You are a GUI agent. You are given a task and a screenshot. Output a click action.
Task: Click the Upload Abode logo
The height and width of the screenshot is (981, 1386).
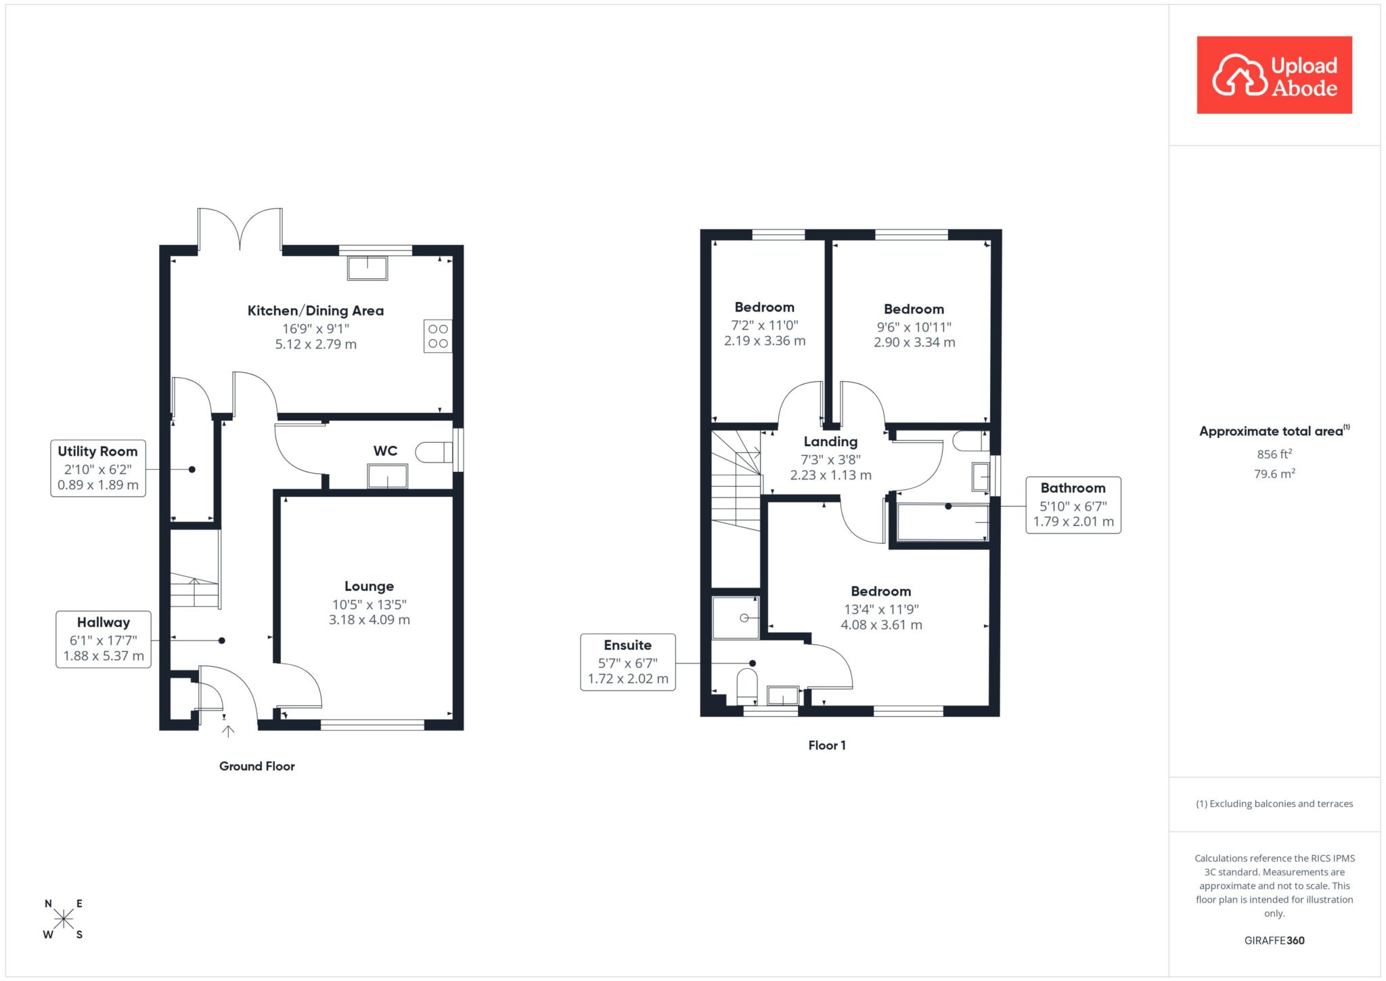coord(1274,75)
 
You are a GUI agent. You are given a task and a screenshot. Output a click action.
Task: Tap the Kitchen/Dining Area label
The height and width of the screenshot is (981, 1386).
coord(315,311)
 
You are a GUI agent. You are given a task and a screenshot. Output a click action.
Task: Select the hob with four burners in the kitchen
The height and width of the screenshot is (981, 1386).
coord(438,336)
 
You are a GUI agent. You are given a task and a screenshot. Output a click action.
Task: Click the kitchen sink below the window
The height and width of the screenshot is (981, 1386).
coord(367,268)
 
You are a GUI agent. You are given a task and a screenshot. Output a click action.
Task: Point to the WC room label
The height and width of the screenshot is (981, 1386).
coord(385,451)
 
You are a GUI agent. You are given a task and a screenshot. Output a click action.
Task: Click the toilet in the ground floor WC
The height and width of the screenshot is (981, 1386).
coord(434,452)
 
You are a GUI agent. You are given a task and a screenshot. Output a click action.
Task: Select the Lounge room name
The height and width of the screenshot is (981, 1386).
coord(369,586)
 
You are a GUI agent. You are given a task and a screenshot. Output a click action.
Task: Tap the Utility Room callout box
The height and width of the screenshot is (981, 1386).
coord(98,468)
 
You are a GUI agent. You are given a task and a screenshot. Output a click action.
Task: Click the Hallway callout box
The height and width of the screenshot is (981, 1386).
coord(104,639)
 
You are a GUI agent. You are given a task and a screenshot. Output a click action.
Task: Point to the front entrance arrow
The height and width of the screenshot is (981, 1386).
coord(228,731)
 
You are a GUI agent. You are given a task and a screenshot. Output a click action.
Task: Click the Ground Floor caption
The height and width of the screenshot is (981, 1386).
coord(257,766)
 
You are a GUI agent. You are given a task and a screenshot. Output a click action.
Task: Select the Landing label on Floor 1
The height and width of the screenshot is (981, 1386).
coord(830,442)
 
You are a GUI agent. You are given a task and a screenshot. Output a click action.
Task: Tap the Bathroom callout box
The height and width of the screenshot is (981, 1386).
coord(1073,505)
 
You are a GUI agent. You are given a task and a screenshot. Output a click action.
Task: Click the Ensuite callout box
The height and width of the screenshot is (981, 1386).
coord(628,662)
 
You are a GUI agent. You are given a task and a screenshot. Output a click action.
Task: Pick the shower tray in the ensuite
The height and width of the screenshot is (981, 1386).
coord(736,617)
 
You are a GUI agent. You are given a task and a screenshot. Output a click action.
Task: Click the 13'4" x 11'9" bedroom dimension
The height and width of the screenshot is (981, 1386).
coord(881,609)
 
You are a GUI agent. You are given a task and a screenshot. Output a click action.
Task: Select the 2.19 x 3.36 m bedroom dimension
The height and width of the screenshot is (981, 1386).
coord(765,341)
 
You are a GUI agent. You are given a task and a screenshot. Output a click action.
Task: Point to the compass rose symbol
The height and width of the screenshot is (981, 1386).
coord(64,919)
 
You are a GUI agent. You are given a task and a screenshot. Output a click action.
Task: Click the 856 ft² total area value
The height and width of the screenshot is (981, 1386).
coord(1274,454)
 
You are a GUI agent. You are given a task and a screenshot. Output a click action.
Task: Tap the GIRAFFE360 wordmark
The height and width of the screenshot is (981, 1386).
coord(1274,940)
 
